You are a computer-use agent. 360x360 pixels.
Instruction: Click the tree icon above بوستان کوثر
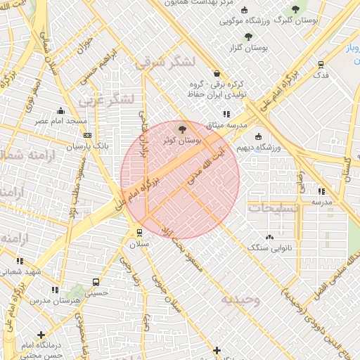point(183,129)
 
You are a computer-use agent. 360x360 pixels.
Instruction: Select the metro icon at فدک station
point(321,64)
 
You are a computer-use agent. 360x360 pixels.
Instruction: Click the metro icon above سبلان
point(139,233)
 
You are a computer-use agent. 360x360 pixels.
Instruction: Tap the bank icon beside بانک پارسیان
point(86,134)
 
